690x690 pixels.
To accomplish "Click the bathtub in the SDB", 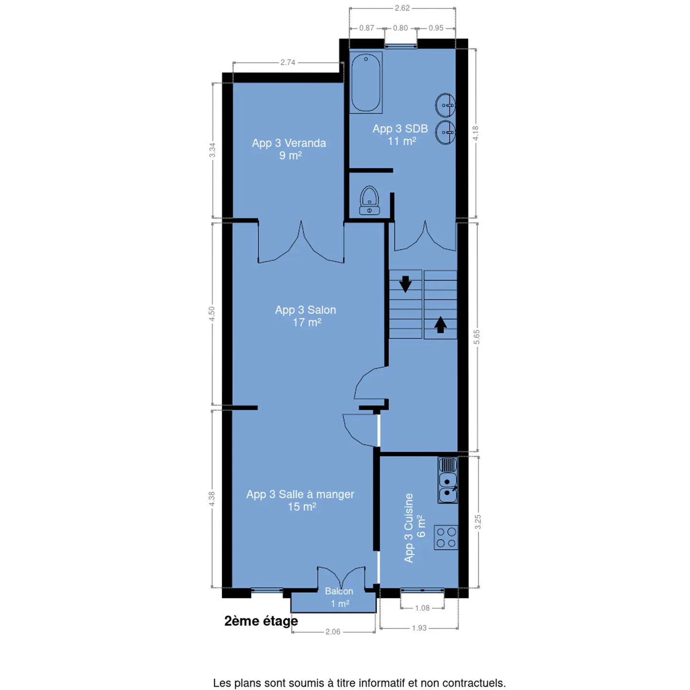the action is [x=366, y=82].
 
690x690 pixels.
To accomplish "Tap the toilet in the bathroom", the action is [x=369, y=200].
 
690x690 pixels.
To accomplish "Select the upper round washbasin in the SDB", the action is [x=445, y=105].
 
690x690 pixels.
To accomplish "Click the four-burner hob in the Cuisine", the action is [x=446, y=537].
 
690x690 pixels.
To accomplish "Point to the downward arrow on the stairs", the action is [x=405, y=284].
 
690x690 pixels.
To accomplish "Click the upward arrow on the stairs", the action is [x=440, y=324].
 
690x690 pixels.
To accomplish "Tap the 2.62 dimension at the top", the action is [x=402, y=8].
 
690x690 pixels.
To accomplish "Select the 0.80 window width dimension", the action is [x=400, y=28].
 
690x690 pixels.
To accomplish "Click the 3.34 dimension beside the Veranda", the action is [x=212, y=150].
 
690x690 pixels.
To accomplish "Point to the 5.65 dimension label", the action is [x=477, y=337].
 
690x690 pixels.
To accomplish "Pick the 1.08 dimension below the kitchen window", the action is [x=422, y=608].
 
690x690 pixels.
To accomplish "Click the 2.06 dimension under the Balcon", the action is [x=333, y=632].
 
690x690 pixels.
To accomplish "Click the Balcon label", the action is [x=339, y=591].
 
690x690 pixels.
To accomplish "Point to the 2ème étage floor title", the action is [x=261, y=621].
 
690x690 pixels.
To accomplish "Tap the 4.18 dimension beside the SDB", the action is [x=475, y=133].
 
